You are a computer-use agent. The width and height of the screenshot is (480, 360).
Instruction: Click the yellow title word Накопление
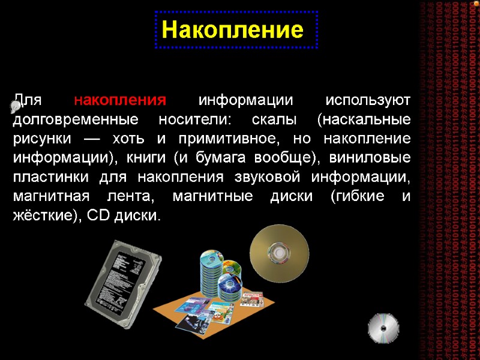[232, 29]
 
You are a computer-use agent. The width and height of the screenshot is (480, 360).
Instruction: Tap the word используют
[367, 99]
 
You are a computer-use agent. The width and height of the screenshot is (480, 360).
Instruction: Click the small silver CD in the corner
[382, 329]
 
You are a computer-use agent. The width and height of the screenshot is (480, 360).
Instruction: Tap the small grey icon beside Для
[16, 107]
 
